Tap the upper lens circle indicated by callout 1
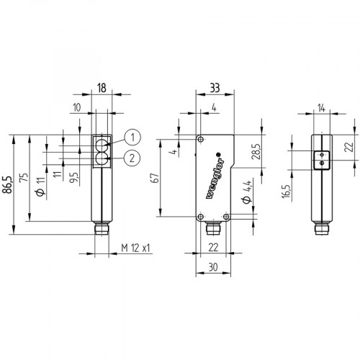pyautogui.click(x=102, y=143)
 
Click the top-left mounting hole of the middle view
pyautogui.click(x=202, y=140)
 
